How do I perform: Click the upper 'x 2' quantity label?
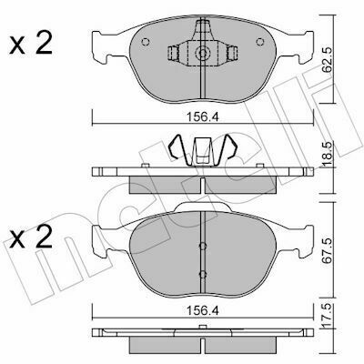click(31, 44)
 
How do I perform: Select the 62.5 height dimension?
click(326, 60)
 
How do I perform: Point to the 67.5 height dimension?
click(326, 251)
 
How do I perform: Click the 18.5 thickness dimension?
click(326, 154)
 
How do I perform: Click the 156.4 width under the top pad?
click(203, 116)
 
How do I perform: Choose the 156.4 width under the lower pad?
click(203, 310)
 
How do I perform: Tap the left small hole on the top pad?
click(146, 42)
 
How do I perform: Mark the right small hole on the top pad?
click(259, 42)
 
